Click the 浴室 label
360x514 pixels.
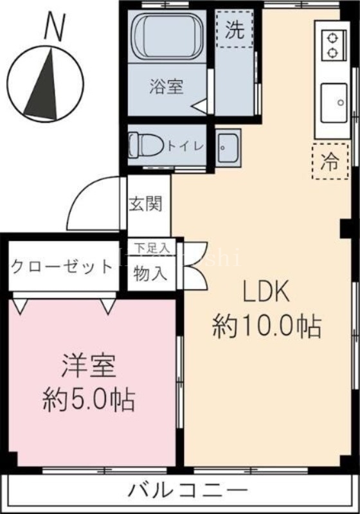pos(166,87)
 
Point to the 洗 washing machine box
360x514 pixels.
pos(235,31)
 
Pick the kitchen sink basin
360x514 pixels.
pos(334,102)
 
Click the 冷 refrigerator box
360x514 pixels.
pos(329,161)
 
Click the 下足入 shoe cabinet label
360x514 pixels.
pos(152,247)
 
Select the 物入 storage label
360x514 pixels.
pos(150,273)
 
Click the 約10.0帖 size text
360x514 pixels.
pos(267,327)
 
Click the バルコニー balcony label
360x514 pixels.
pos(187,492)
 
